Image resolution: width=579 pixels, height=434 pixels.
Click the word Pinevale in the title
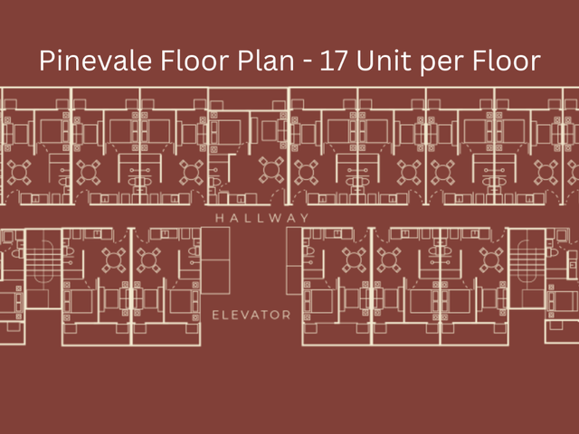(95, 61)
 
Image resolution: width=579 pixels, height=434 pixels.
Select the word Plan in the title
(265, 60)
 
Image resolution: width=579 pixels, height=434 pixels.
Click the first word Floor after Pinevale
(195, 60)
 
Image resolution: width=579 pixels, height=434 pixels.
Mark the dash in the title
(308, 61)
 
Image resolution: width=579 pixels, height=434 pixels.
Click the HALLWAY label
(262, 218)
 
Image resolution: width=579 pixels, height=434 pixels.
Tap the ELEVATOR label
(252, 316)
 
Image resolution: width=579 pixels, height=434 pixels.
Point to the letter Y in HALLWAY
(305, 218)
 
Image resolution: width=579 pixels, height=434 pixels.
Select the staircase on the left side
(44, 269)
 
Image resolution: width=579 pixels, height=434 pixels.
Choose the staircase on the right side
(527, 269)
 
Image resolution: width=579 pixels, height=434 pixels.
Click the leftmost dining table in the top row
(19, 173)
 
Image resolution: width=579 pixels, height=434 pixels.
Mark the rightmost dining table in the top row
(546, 173)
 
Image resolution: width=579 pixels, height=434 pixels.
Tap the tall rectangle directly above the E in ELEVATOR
(215, 260)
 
